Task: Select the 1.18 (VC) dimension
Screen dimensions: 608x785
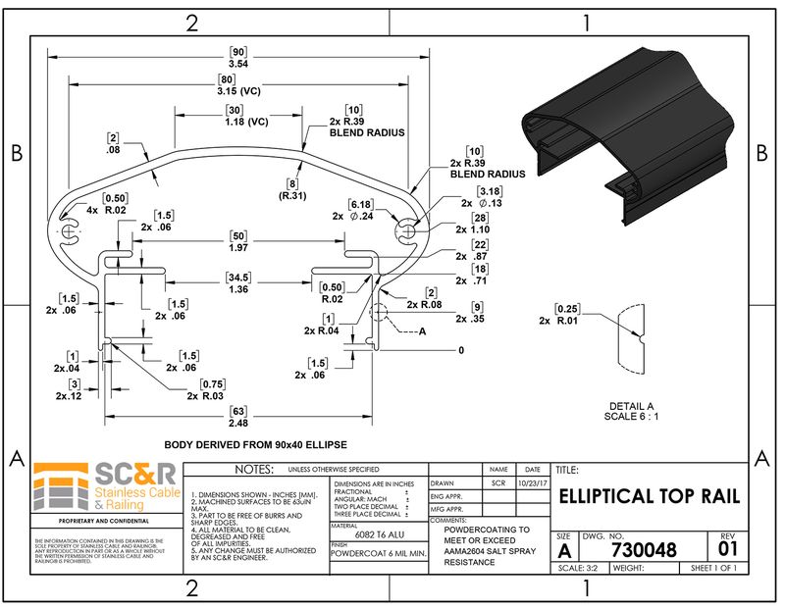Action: (x=235, y=123)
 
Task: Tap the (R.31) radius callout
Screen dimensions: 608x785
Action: (x=291, y=194)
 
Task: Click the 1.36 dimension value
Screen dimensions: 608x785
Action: (x=237, y=289)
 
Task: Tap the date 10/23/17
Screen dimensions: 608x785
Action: (x=533, y=483)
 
